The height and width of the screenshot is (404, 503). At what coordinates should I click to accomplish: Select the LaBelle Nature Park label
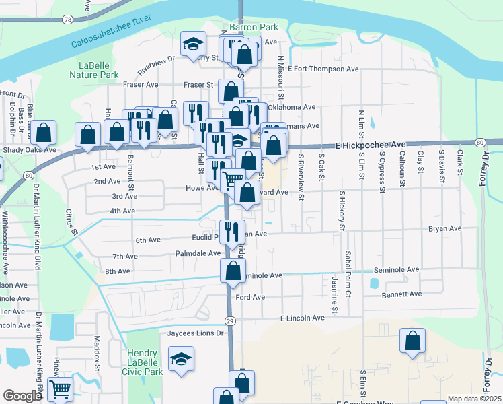(94, 70)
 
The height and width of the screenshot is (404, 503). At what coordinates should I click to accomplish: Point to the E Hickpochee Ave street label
(371, 145)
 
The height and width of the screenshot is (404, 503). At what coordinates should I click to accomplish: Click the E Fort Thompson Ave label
(323, 69)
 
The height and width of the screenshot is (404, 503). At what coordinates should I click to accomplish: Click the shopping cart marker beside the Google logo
(60, 389)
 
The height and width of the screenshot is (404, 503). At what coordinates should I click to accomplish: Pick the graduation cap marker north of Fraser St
(193, 44)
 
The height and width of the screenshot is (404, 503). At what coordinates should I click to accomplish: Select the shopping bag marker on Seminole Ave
(233, 271)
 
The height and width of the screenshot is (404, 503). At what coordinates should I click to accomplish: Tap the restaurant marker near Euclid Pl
(232, 232)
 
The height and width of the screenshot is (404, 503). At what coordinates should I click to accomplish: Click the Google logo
(22, 396)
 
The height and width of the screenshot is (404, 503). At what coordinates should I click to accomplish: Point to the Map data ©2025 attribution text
(473, 399)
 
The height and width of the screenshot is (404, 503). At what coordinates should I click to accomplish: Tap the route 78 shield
(67, 20)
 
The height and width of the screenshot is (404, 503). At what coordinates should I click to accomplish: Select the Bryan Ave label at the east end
(444, 229)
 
